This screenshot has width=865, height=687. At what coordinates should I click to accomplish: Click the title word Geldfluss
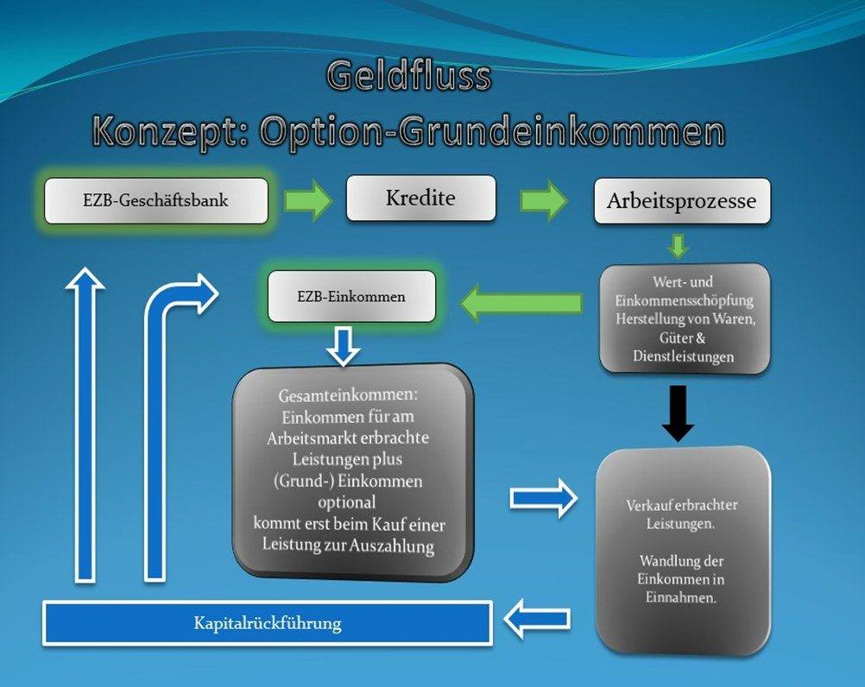[x=409, y=76]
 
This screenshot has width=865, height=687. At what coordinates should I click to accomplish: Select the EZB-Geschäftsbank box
[x=156, y=201]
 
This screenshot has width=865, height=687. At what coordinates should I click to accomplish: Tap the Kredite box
[x=421, y=198]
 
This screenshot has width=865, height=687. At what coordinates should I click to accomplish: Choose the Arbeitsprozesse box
[x=682, y=201]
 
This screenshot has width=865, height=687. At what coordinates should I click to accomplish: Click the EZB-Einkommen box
[x=351, y=297]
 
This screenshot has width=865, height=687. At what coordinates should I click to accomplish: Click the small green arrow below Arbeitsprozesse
[x=678, y=247]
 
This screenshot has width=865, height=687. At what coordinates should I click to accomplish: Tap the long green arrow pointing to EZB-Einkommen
[x=521, y=303]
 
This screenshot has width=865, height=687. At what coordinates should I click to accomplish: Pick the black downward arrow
[x=678, y=413]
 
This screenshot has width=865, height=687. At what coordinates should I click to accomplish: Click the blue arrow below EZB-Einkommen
[x=343, y=346]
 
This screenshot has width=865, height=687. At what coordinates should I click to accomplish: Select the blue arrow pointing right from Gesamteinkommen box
[x=544, y=499]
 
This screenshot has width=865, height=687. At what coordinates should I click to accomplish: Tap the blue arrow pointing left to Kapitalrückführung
[x=537, y=619]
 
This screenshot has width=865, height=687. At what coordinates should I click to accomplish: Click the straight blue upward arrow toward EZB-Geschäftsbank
[x=85, y=425]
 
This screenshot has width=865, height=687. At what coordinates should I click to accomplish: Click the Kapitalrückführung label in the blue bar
[x=268, y=624]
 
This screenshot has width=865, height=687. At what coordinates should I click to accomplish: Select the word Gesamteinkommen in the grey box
[x=348, y=395]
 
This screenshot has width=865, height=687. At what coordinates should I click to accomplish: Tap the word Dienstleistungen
[x=684, y=356]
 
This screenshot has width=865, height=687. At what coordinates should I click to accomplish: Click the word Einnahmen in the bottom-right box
[x=681, y=597]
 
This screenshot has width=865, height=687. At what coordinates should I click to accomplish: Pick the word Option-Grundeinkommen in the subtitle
[x=492, y=132]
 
